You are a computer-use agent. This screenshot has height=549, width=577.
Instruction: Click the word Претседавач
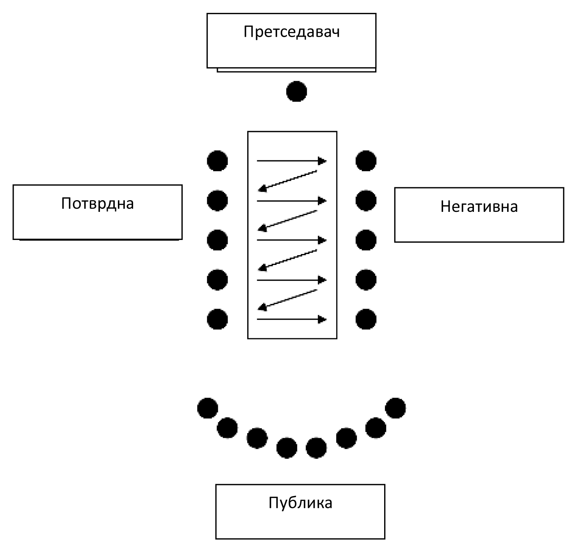tap(291, 32)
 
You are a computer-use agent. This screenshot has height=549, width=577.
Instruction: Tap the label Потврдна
tap(97, 203)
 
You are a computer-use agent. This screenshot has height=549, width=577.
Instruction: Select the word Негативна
tap(479, 206)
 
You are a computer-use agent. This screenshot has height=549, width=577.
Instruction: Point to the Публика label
tap(300, 503)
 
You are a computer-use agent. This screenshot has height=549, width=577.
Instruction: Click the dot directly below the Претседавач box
tap(297, 92)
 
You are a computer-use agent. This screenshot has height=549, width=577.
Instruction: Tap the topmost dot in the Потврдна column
tap(217, 161)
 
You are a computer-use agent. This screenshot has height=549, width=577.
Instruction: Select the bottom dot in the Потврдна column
tap(217, 319)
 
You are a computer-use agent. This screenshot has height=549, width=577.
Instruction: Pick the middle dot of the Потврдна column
tap(217, 240)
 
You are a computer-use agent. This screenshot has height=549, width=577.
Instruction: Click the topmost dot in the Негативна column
tap(366, 161)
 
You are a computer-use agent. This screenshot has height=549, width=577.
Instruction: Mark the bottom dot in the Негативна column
tap(366, 319)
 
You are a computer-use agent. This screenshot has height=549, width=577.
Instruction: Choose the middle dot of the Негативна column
tap(366, 240)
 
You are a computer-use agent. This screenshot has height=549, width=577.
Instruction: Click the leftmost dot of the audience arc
tap(207, 408)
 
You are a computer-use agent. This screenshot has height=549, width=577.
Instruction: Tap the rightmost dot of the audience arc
tap(395, 408)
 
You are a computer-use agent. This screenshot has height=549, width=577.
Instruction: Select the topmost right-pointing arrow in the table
tap(291, 160)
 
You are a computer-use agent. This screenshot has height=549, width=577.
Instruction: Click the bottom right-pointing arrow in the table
tap(291, 320)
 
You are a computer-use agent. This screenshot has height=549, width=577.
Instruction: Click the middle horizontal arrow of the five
tap(291, 240)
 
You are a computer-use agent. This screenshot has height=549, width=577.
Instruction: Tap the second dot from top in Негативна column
tap(366, 201)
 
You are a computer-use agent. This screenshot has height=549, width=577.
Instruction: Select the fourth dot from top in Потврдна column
tap(217, 279)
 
